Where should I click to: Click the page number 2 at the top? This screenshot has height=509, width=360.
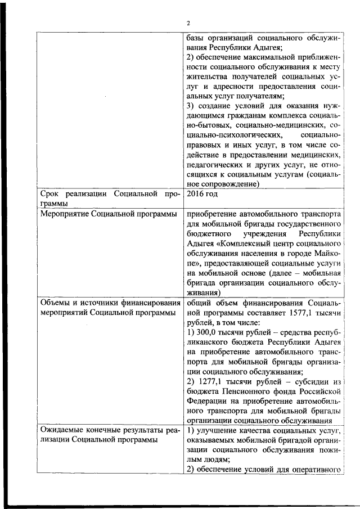[188, 22]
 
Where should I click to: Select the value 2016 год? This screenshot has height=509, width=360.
[202, 194]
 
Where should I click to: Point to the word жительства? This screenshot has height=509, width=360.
[207, 75]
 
